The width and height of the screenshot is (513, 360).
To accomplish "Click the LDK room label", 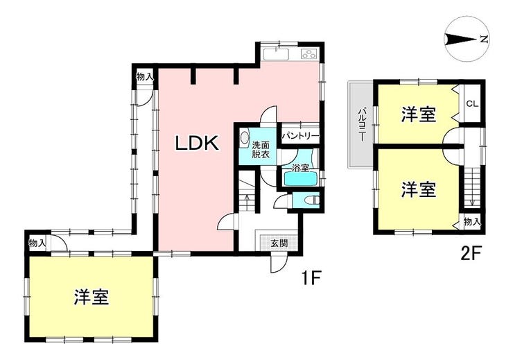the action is click(x=197, y=144).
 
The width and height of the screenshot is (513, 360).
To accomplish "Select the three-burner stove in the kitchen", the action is click(x=309, y=53).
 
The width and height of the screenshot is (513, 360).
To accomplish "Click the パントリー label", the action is click(x=300, y=135).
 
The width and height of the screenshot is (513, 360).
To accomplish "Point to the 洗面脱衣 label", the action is click(x=261, y=150).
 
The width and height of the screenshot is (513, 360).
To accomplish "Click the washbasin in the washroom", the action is click(x=244, y=138).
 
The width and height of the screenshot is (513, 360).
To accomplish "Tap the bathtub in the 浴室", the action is click(x=301, y=179).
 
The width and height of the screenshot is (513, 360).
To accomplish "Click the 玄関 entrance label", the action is click(x=279, y=243).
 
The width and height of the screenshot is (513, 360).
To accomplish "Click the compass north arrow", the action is click(x=460, y=40).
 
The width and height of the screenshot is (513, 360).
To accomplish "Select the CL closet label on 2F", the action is click(x=472, y=104).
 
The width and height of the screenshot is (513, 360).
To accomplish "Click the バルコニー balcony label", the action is click(x=361, y=124).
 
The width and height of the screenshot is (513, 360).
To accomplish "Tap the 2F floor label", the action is click(x=470, y=254).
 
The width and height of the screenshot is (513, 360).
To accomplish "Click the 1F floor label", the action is click(x=312, y=277).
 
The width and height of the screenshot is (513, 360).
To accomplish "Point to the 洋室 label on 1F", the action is click(x=92, y=297).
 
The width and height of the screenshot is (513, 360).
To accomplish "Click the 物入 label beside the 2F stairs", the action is click(x=472, y=223).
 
